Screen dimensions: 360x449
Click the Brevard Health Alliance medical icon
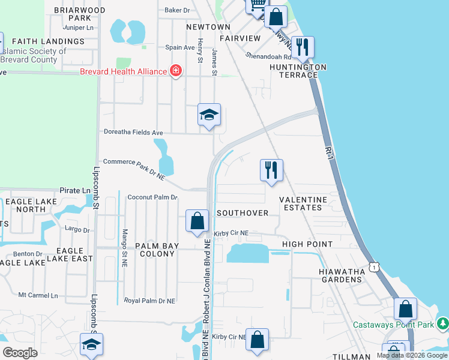point(176,71)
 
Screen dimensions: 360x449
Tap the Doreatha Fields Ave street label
point(133,132)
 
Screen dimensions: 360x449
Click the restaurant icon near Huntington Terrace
point(303,47)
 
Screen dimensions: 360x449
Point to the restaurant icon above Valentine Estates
point(271,170)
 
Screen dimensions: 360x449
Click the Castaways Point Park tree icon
point(443,324)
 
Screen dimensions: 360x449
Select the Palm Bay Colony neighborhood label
point(154,250)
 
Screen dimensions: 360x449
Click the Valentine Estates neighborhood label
point(304,203)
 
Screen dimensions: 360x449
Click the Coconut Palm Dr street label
point(153,197)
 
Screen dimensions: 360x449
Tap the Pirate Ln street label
point(74,190)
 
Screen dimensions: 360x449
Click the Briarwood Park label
point(79,14)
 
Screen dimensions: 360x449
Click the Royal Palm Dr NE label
point(149,300)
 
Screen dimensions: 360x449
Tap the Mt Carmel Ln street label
point(38,295)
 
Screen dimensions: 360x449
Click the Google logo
point(21,353)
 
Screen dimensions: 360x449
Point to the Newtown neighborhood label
point(208,27)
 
